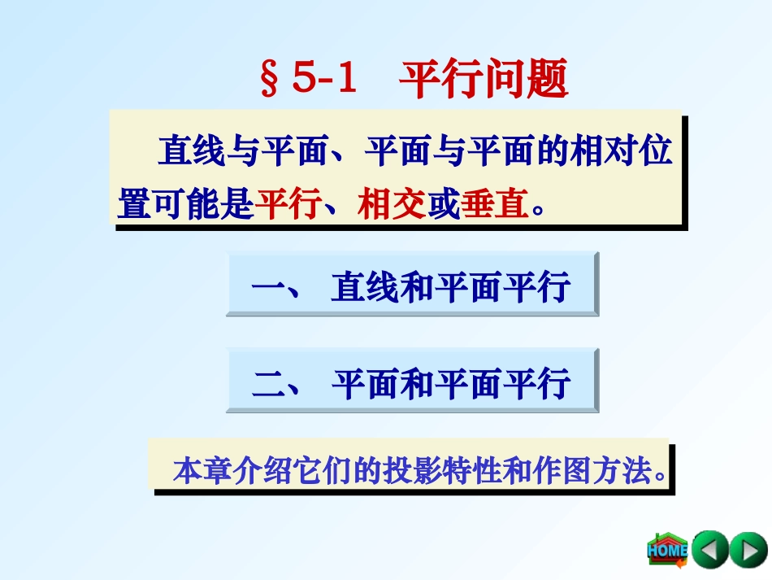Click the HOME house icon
(x=666, y=550)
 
